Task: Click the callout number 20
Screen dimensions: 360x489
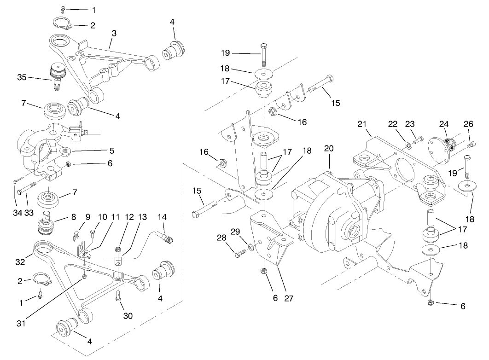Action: point(328,149)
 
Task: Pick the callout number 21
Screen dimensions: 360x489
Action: point(362,124)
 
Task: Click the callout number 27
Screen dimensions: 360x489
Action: point(289,298)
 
